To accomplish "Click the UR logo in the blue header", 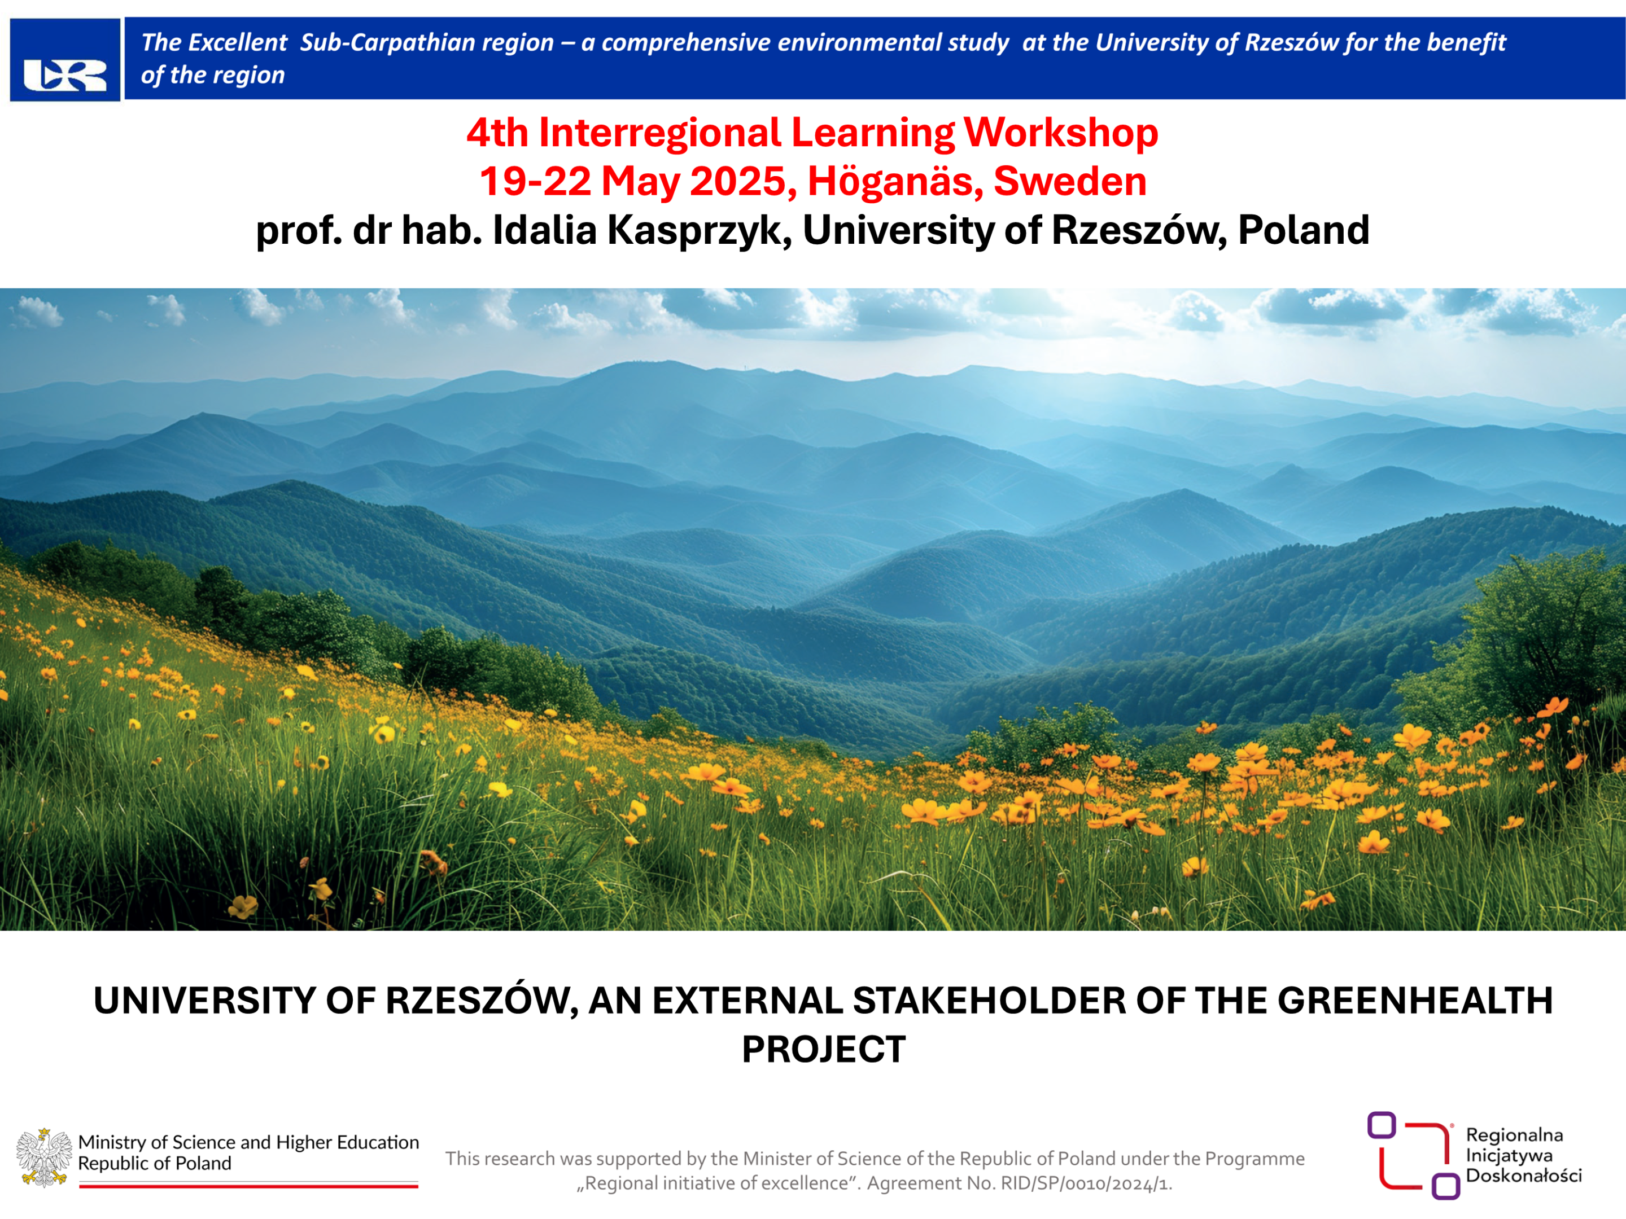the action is (65, 75).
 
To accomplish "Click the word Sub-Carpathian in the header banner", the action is (426, 43).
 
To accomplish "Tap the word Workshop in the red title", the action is (1061, 133).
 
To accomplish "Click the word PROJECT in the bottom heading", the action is (823, 1049).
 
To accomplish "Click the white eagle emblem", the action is (44, 1158).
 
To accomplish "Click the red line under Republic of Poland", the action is (248, 1186).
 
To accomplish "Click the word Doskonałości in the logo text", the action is (1524, 1176).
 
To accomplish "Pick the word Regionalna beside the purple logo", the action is (1514, 1135).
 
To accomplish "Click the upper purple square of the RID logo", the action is (1381, 1125).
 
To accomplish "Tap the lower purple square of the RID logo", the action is (1445, 1186).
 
